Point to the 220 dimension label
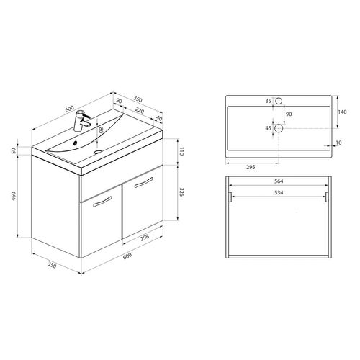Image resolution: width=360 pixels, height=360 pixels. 141,109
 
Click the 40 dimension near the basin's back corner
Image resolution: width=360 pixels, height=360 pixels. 158,120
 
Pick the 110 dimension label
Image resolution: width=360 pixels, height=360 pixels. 184,151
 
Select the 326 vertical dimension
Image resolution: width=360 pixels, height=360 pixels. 184,193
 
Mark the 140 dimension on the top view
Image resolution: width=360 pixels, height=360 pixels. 342,112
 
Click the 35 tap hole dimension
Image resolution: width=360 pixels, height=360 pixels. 267,102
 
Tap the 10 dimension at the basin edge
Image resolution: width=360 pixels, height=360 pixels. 338,142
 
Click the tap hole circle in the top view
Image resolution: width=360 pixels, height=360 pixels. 282,102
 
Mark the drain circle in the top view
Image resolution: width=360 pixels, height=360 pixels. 282,129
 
